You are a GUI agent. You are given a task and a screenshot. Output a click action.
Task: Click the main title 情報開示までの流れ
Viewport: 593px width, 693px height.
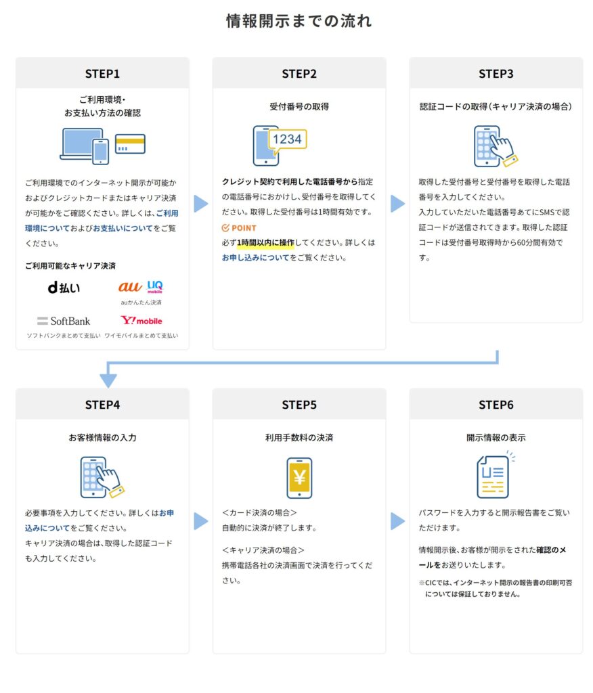(x=299, y=21)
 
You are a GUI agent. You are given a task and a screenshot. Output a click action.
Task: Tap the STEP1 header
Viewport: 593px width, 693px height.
(x=102, y=74)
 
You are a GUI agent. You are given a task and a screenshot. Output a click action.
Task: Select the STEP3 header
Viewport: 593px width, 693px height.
(x=496, y=74)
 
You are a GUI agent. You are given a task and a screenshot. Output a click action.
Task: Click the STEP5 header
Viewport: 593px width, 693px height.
(x=299, y=405)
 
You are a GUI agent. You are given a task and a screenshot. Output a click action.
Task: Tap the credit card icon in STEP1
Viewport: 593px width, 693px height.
(x=130, y=143)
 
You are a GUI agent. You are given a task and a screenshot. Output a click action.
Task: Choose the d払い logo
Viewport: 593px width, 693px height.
(x=64, y=288)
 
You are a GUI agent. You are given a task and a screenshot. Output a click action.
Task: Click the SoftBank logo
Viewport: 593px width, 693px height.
(x=64, y=321)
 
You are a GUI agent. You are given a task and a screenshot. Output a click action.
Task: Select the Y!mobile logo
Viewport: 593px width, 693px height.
(x=141, y=321)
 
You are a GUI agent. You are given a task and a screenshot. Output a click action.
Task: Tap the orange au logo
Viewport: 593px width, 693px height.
(x=130, y=287)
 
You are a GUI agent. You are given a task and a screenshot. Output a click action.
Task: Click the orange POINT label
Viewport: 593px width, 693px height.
(x=239, y=228)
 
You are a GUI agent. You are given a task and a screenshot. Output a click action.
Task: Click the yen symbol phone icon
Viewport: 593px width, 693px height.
(x=299, y=477)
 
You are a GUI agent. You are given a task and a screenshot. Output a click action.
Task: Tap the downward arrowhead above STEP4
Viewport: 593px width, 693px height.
(x=108, y=380)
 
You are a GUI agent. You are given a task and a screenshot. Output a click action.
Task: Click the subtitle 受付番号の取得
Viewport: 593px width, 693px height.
(x=299, y=106)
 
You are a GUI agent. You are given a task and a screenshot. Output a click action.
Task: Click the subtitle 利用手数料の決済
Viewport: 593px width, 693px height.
(x=299, y=438)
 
